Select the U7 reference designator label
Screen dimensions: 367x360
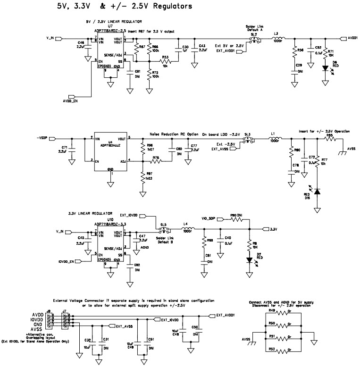click(x=110, y=27)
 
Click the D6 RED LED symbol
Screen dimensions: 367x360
click(x=325, y=68)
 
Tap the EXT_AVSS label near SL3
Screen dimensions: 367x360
click(x=220, y=149)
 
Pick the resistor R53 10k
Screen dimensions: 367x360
click(x=165, y=61)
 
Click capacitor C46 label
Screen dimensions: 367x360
click(x=81, y=42)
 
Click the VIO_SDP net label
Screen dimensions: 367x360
click(x=209, y=219)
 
